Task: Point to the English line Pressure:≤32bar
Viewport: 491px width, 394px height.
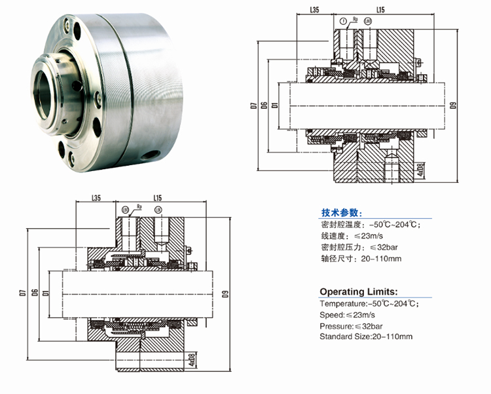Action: (352, 325)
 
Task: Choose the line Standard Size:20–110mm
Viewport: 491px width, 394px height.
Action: (366, 336)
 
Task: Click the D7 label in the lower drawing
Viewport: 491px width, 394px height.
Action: (23, 291)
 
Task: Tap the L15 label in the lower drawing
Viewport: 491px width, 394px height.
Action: (158, 197)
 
